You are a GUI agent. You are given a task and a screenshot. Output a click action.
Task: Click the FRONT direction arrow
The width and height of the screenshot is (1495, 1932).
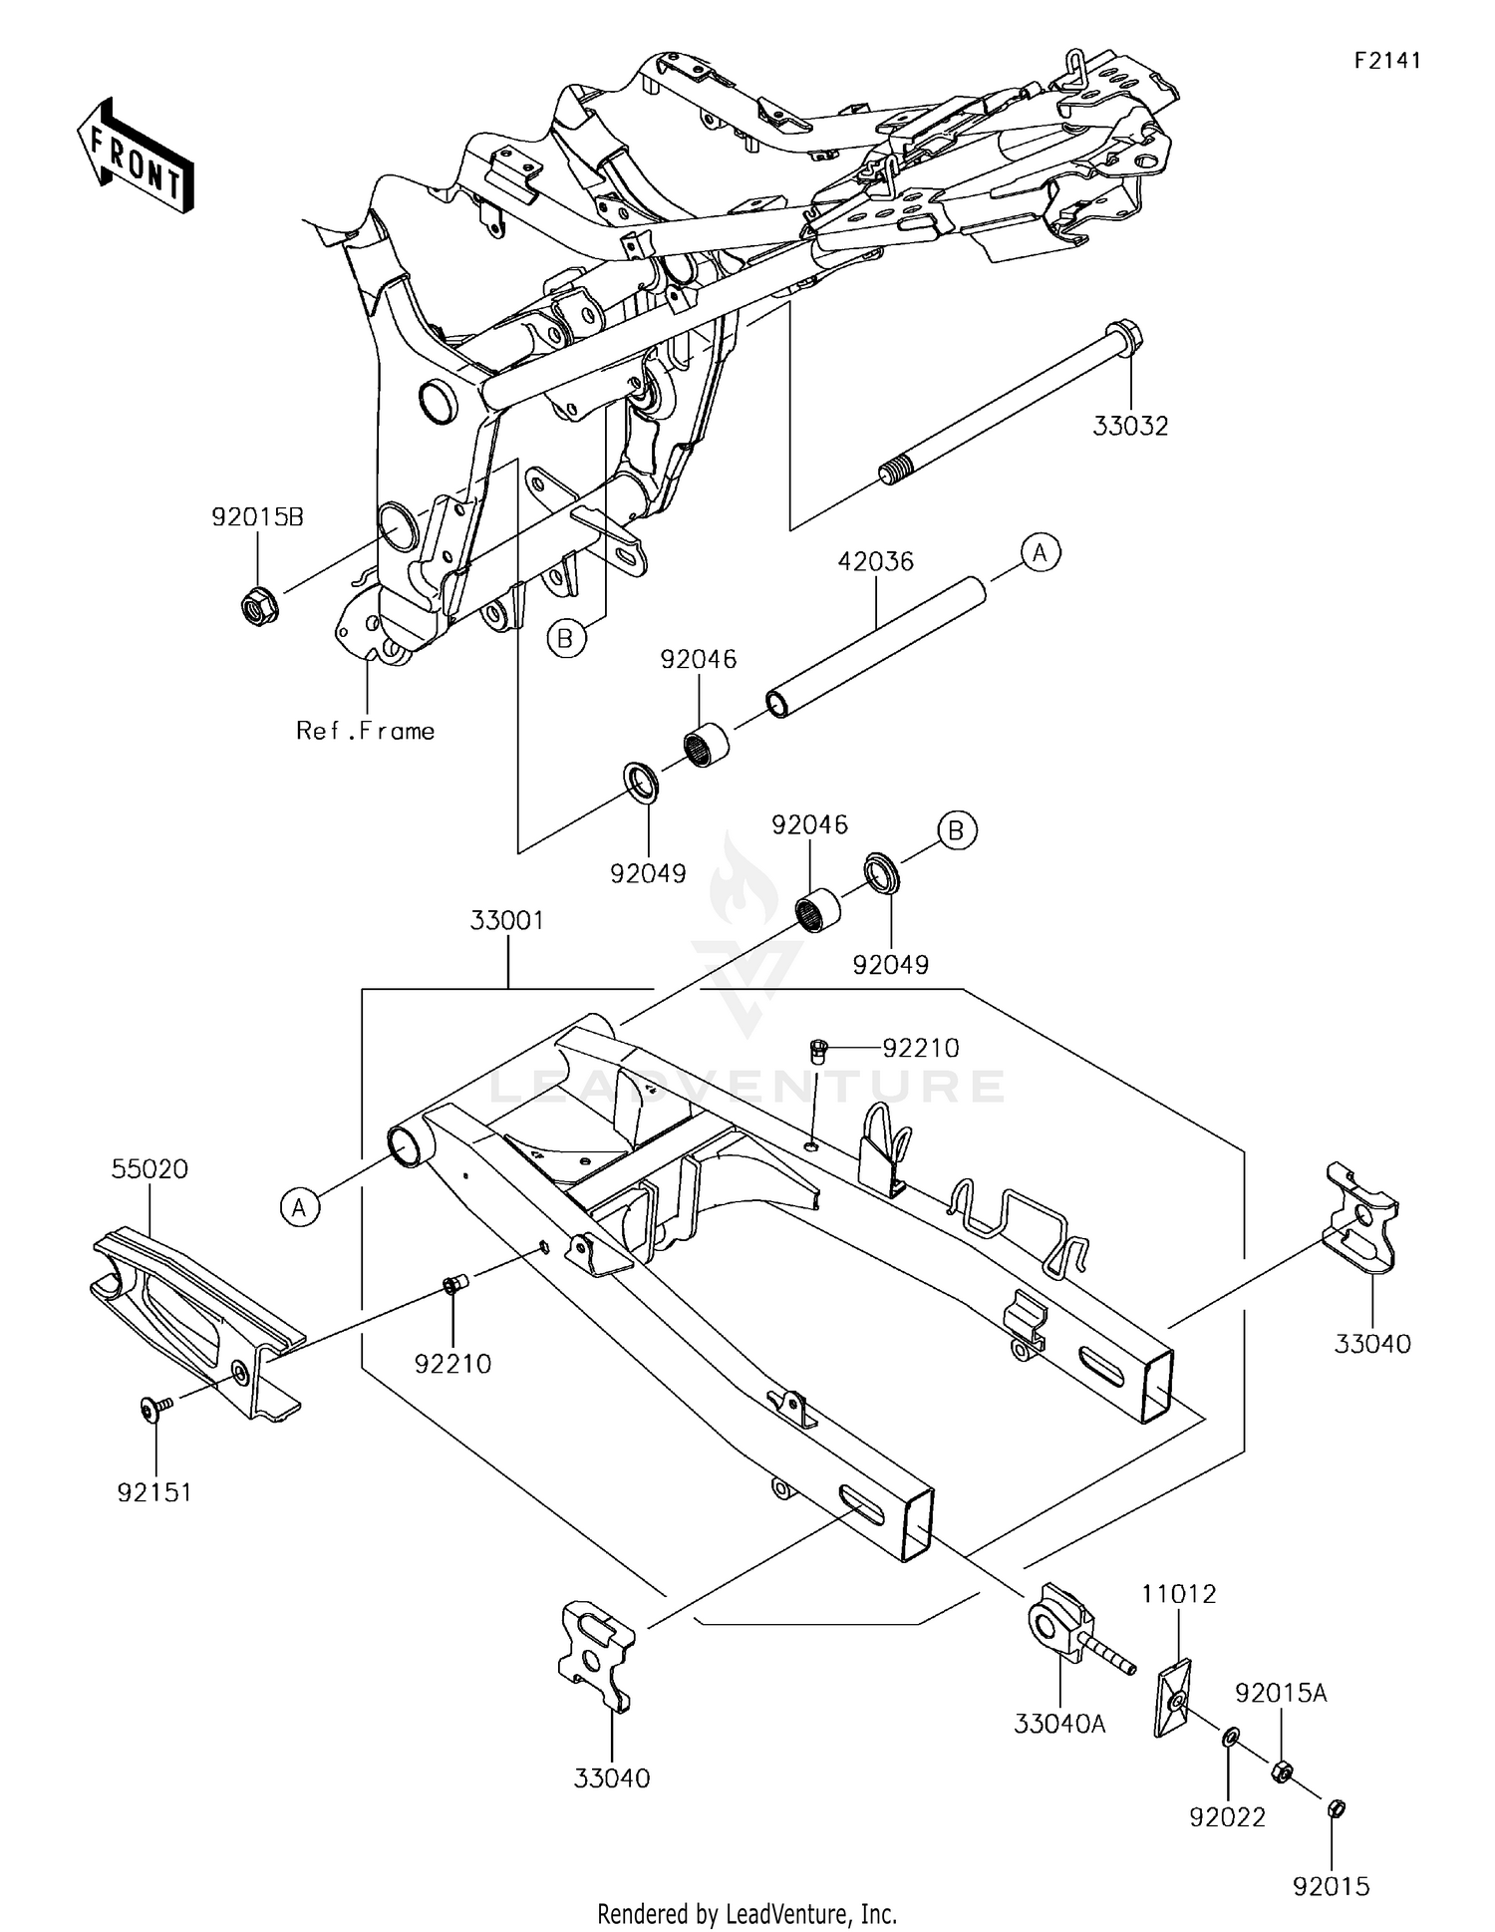pyautogui.click(x=135, y=156)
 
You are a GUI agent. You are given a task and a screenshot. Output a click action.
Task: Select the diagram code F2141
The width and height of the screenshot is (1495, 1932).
pyautogui.click(x=1386, y=61)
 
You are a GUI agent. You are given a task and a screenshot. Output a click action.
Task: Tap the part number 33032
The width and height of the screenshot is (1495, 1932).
pyautogui.click(x=1130, y=427)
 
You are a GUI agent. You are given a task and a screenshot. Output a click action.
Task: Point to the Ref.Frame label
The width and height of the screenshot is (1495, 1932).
pyautogui.click(x=365, y=731)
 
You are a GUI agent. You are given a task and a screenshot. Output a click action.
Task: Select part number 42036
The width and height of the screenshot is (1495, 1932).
pyautogui.click(x=875, y=561)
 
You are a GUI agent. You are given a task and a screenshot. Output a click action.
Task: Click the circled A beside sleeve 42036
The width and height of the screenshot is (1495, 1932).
pyautogui.click(x=1040, y=551)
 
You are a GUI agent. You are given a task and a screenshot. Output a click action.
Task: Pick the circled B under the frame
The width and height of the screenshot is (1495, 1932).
pyautogui.click(x=565, y=638)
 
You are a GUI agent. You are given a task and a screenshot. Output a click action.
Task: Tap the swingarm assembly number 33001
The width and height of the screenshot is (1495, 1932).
pyautogui.click(x=507, y=920)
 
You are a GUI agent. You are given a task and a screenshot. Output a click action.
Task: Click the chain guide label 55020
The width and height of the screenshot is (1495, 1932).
pyautogui.click(x=150, y=1168)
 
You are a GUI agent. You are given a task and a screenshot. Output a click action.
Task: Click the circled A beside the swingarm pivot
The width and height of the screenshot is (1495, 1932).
pyautogui.click(x=299, y=1207)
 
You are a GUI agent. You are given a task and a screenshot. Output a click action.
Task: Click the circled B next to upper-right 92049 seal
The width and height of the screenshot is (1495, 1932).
pyautogui.click(x=957, y=829)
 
